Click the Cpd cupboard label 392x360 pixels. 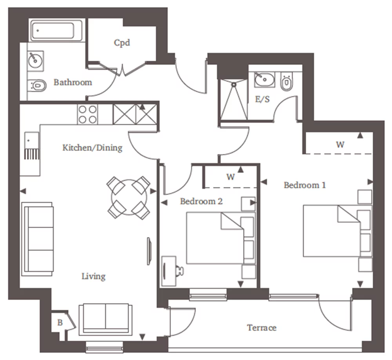122,42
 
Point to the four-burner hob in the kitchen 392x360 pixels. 87,114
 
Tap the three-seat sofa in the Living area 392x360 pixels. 38,239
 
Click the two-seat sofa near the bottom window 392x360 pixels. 105,319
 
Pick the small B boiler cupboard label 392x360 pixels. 60,323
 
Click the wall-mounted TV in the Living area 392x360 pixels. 149,251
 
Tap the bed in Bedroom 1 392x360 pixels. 331,231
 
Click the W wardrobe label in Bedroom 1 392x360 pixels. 340,145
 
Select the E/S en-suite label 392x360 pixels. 262,99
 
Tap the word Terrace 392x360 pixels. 261,327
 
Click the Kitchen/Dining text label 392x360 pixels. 93,148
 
